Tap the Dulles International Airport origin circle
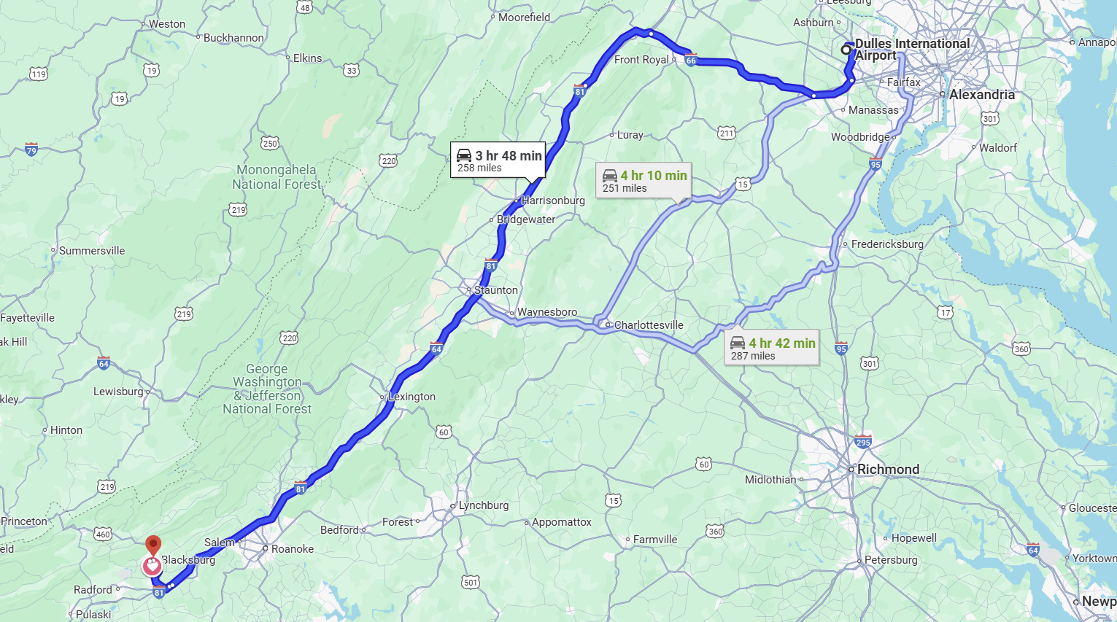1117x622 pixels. [x=846, y=50]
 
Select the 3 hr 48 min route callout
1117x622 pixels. [x=498, y=160]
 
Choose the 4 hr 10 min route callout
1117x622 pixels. [x=644, y=181]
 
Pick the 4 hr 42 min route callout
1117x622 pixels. [x=773, y=349]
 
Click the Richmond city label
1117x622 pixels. [x=888, y=470]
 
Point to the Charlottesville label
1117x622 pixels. [x=648, y=325]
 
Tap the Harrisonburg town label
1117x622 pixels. [x=552, y=201]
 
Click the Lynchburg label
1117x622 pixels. [x=483, y=505]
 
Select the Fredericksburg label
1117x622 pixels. [x=886, y=244]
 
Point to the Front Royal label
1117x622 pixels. [x=641, y=60]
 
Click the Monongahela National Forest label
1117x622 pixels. [x=277, y=177]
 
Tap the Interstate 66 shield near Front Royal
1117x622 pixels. [x=691, y=60]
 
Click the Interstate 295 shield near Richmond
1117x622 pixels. [x=862, y=441]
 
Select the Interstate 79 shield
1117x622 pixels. [x=31, y=149]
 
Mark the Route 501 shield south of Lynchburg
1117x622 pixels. [x=471, y=582]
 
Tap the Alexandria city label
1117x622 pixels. [x=981, y=95]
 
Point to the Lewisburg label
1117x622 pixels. [x=118, y=392]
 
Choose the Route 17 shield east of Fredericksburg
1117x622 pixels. [x=946, y=312]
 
